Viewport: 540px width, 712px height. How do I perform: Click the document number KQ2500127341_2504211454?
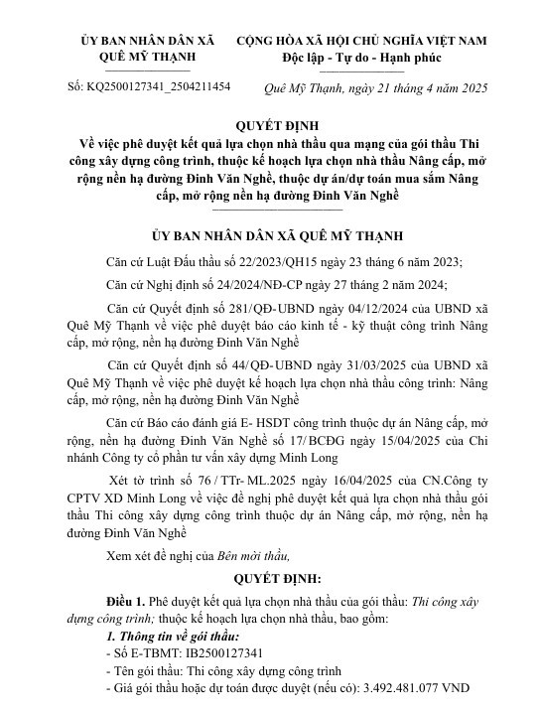161,87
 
